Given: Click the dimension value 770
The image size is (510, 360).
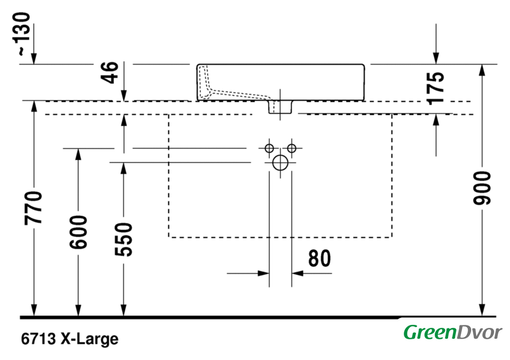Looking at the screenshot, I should click(x=34, y=208).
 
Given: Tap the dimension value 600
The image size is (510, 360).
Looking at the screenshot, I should click(x=78, y=232).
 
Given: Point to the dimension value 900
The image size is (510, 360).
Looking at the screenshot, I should click(x=482, y=188).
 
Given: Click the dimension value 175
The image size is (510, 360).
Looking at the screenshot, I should click(x=435, y=87).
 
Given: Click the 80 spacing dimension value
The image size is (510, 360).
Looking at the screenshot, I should click(x=319, y=259).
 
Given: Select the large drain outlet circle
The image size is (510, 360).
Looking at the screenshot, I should click(x=280, y=162).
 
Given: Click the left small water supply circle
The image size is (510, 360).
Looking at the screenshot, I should click(x=268, y=148).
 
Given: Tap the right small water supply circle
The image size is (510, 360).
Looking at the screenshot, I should click(x=291, y=148).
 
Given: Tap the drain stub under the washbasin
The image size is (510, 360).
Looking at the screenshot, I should click(x=281, y=107).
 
